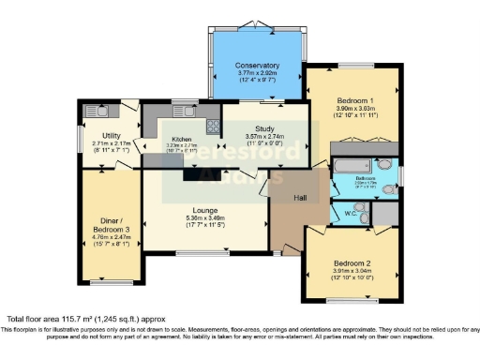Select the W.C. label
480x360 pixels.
click(348, 212)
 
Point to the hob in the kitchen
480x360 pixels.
click(213, 124)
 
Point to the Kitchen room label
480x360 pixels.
click(180, 139)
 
